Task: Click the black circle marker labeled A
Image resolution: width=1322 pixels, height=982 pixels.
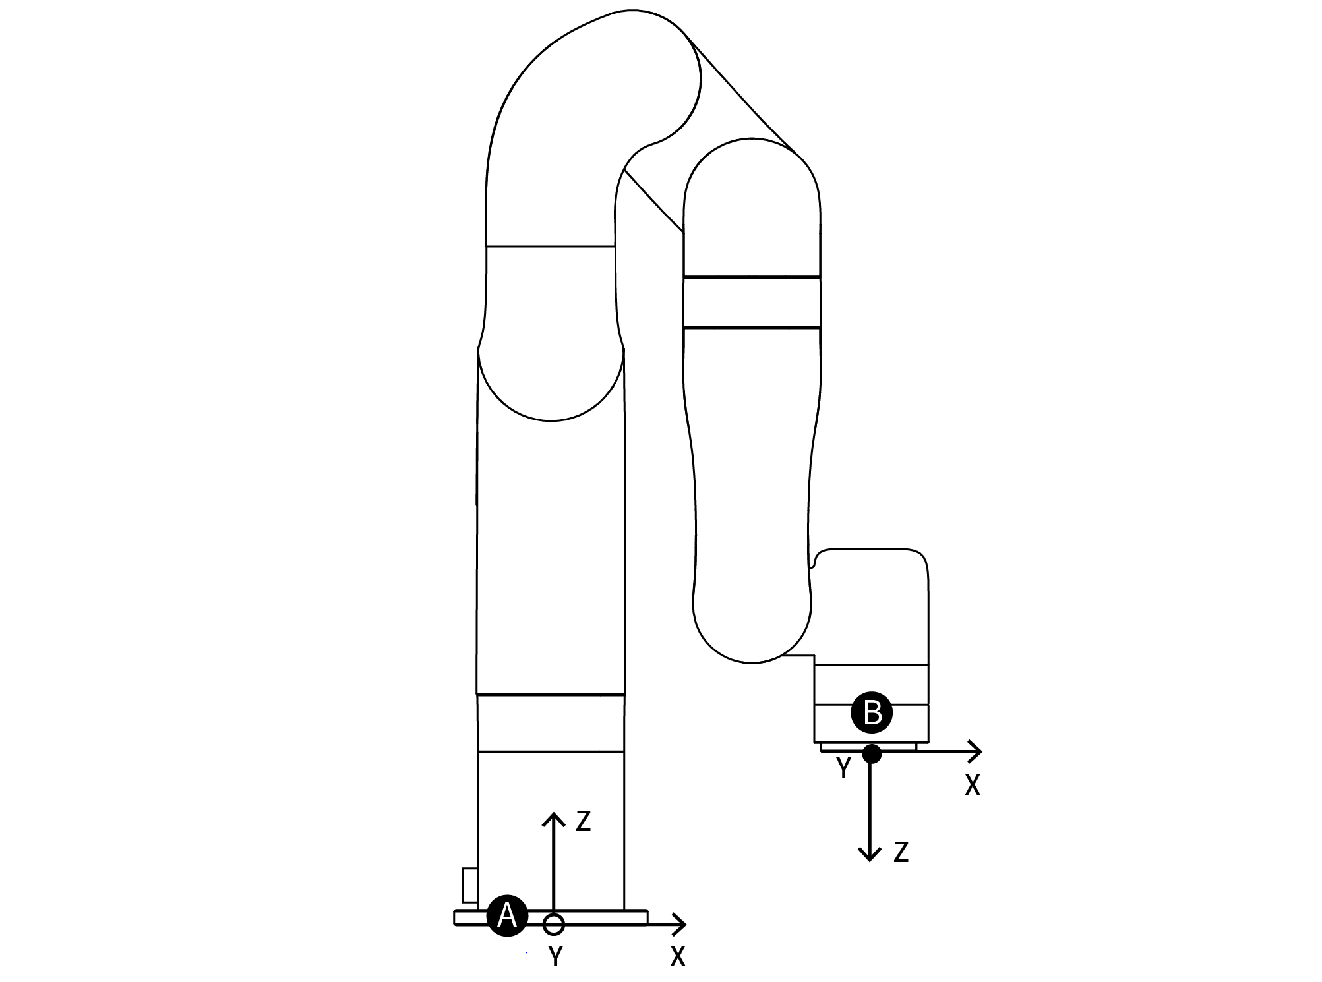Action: click(507, 915)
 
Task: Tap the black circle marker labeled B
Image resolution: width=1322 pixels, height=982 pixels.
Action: click(872, 712)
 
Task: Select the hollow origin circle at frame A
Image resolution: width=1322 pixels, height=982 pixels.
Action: click(554, 924)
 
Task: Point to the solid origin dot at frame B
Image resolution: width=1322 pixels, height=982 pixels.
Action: click(872, 753)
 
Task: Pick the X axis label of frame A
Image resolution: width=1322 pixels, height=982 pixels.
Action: click(678, 956)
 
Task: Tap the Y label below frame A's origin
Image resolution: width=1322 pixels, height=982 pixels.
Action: click(556, 956)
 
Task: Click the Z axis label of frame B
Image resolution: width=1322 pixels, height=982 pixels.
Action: click(901, 853)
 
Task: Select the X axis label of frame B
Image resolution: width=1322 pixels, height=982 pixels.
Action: click(973, 785)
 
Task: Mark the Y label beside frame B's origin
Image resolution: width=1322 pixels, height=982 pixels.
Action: click(843, 768)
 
